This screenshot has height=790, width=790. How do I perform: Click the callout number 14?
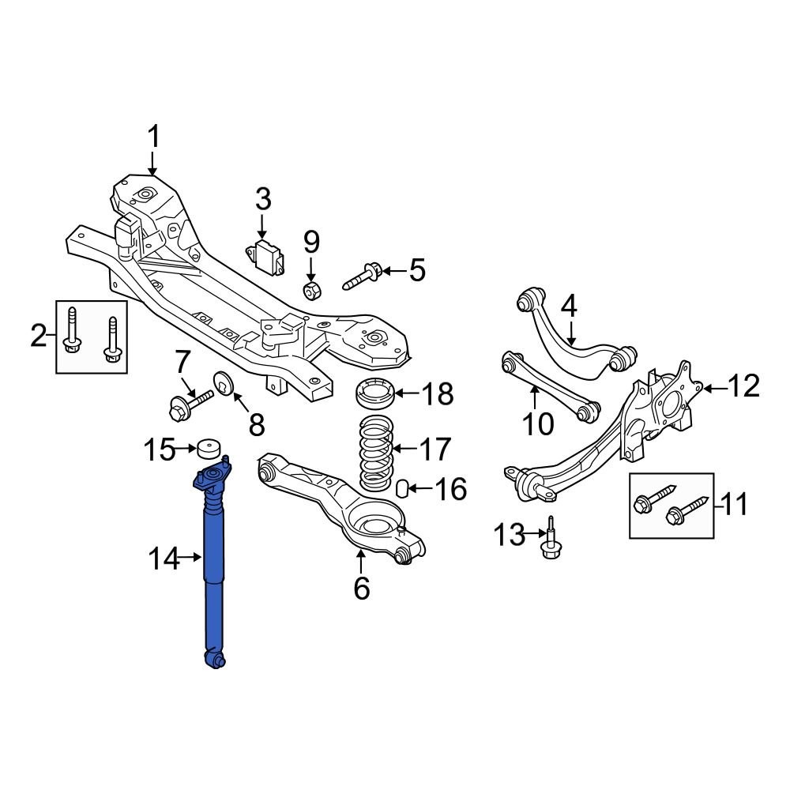click(x=164, y=559)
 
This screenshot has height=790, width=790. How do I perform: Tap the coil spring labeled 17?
click(x=375, y=453)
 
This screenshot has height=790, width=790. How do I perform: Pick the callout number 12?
click(x=743, y=386)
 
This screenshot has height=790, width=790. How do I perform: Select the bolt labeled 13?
click(x=551, y=540)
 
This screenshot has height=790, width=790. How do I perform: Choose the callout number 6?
click(x=362, y=588)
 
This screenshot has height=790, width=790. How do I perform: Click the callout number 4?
click(x=569, y=307)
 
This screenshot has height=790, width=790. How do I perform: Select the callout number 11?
click(x=734, y=504)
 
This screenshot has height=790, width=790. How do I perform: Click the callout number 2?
click(x=38, y=336)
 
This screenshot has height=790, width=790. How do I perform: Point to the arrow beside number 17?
click(x=404, y=448)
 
